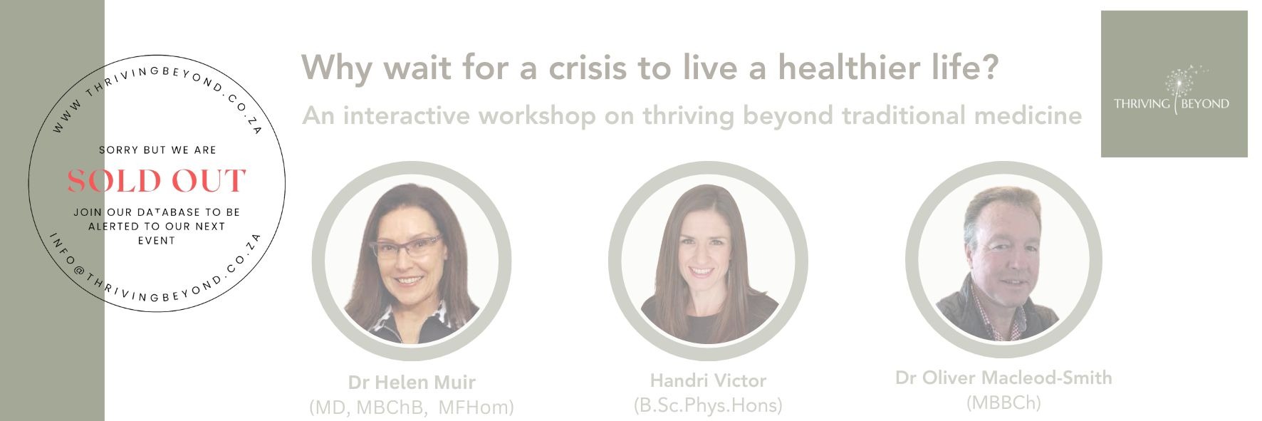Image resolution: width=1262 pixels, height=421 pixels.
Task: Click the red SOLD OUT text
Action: [157, 181]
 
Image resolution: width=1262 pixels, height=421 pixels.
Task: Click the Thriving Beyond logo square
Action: [1174, 84]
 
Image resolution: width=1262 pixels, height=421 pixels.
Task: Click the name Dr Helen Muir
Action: [412, 383]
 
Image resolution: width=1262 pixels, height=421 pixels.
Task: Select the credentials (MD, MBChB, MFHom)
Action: [412, 407]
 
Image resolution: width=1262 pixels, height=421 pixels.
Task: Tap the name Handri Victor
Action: [708, 380]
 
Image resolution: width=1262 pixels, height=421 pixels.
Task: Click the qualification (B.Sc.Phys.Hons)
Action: [708, 405]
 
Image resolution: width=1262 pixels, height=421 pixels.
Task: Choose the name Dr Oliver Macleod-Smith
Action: [1003, 378]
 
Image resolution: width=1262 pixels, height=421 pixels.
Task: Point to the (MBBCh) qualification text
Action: [1003, 402]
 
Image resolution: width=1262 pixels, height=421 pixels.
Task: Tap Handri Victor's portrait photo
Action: [708, 260]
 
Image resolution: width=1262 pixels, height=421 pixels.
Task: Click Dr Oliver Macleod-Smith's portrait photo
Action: [1003, 260]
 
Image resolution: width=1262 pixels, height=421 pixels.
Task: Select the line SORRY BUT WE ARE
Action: [157, 150]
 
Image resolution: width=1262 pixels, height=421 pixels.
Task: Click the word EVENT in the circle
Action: [157, 241]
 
